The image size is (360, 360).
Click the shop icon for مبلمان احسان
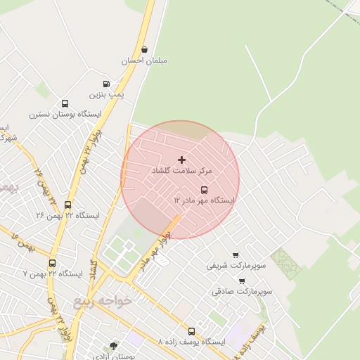click(x=144, y=50)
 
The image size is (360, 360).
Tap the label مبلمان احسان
click(x=144, y=61)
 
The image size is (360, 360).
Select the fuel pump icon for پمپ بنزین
click(x=106, y=84)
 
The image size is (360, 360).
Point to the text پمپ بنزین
click(x=106, y=94)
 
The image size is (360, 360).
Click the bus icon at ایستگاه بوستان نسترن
click(x=65, y=103)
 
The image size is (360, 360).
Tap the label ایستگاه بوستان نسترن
click(x=65, y=114)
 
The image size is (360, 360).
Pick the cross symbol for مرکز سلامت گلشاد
click(x=181, y=160)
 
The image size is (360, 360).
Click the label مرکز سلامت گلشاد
click(x=181, y=171)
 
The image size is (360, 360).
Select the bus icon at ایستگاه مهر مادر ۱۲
click(x=205, y=190)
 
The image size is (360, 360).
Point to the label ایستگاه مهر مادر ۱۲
click(x=204, y=200)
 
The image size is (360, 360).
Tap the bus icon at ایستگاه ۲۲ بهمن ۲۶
click(x=68, y=205)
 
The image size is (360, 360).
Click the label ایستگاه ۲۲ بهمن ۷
click(x=53, y=274)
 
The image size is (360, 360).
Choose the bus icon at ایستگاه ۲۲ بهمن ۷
click(x=53, y=264)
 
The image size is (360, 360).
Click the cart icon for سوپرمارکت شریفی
click(x=235, y=255)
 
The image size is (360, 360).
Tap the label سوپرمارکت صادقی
click(x=242, y=291)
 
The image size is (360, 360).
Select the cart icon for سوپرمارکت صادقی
click(x=242, y=281)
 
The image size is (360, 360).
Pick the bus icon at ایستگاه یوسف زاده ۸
click(x=191, y=331)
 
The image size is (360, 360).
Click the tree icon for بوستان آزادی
click(x=114, y=345)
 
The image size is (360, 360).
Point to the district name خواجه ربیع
click(x=103, y=301)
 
